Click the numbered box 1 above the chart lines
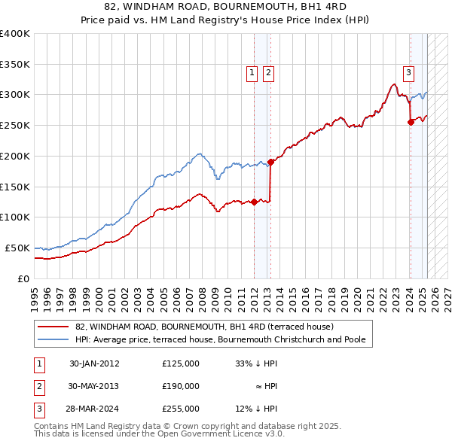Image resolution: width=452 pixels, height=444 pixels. [252, 73]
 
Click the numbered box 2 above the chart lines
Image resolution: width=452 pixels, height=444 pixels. [268, 73]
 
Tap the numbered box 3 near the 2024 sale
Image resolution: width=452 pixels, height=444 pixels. [408, 73]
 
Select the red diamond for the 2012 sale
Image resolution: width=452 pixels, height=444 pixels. [255, 202]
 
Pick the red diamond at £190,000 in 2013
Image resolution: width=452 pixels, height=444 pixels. [270, 162]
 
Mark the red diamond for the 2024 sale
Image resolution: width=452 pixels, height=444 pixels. [411, 122]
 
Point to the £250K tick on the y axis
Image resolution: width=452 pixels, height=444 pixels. [15, 125]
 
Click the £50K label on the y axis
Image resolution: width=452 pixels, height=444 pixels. [18, 248]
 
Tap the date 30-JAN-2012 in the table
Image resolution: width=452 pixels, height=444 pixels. [94, 363]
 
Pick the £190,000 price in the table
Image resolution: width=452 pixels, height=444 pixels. [181, 386]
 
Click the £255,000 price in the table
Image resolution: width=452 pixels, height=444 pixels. [181, 409]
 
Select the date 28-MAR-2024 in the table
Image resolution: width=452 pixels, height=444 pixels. [94, 409]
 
